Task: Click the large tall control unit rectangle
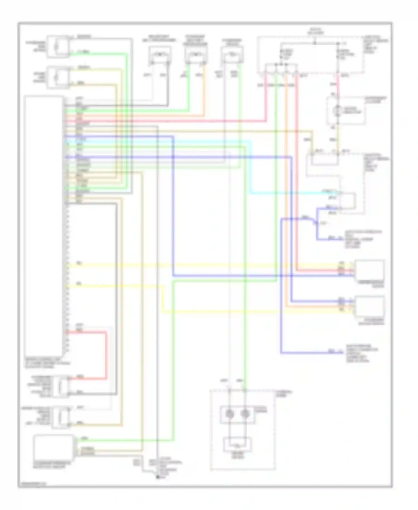pos(43,225)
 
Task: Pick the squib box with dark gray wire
pos(160,55)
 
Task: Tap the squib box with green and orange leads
pos(196,55)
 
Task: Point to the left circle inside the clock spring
pos(230,414)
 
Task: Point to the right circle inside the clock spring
pos(245,414)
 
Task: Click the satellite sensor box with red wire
pos(370,270)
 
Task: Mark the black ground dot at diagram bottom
pos(158,477)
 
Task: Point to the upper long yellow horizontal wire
pos(195,265)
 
